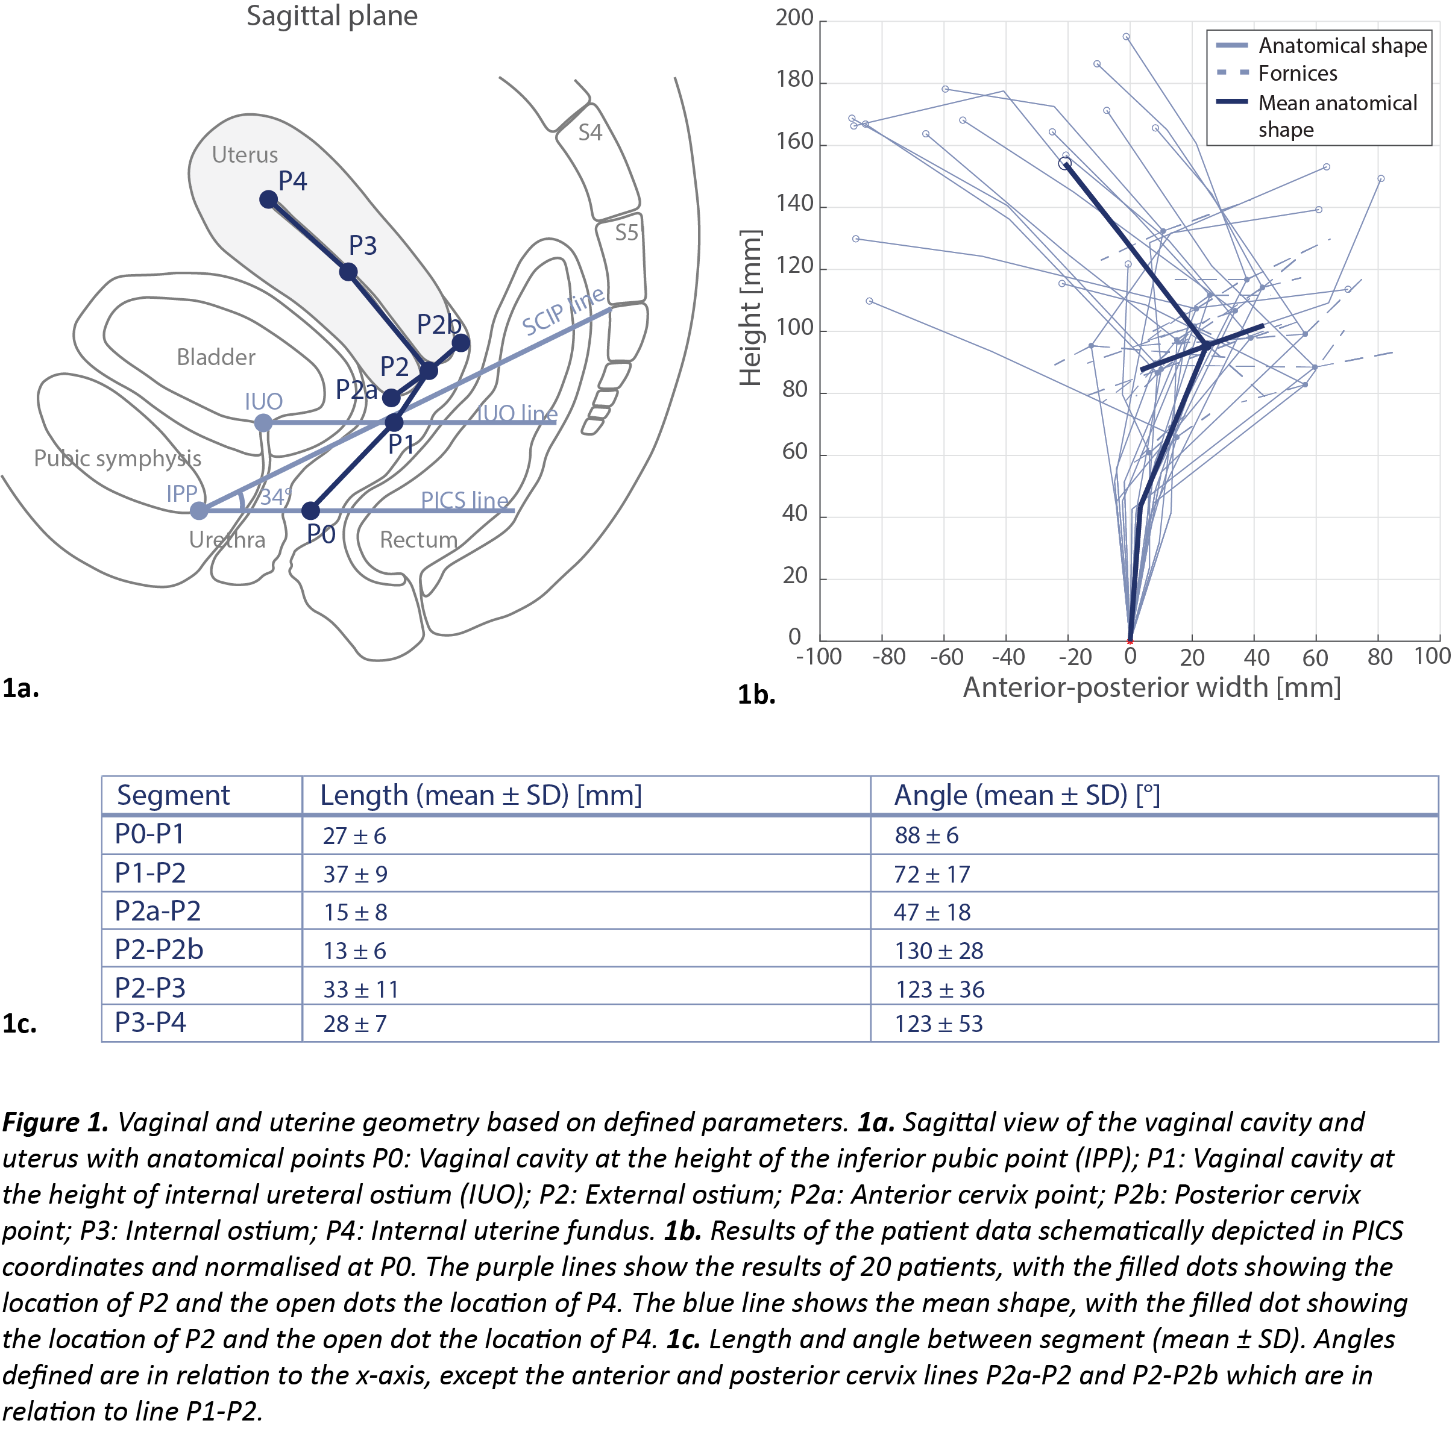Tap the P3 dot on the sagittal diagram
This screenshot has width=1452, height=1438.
tap(348, 271)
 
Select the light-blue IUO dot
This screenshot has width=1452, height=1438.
tap(263, 423)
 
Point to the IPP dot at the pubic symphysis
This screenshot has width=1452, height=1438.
tap(198, 511)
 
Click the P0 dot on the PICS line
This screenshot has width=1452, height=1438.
tap(310, 511)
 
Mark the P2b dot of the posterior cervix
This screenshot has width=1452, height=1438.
tap(460, 343)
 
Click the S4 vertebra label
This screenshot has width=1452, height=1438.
tap(590, 133)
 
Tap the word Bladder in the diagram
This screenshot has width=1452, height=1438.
tap(216, 357)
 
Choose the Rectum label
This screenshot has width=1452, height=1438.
tap(419, 539)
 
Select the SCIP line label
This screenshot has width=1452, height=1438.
tap(563, 310)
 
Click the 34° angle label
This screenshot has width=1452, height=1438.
tap(276, 496)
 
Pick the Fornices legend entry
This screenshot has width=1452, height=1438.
tap(1298, 73)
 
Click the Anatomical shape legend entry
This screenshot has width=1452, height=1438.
tap(1342, 45)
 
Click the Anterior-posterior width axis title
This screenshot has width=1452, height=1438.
tap(1151, 687)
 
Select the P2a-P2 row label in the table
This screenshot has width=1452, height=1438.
tap(158, 911)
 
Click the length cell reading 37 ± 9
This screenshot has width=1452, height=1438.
tap(356, 874)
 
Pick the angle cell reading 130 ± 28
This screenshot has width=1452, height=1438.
tap(938, 951)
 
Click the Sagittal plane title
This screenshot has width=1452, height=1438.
tap(332, 16)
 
